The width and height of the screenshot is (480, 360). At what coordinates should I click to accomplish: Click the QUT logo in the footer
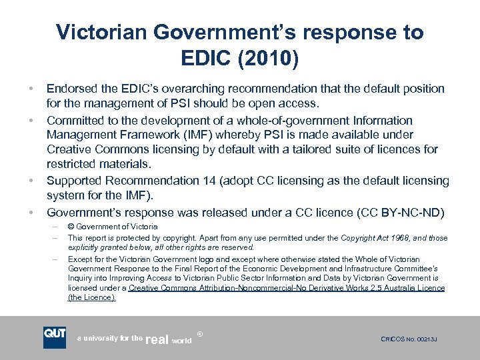tap(55, 337)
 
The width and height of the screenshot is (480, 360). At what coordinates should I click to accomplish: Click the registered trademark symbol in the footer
tap(199, 331)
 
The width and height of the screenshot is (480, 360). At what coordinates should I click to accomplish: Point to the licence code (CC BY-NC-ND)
tap(395, 213)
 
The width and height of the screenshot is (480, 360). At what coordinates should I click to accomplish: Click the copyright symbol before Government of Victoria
tap(71, 227)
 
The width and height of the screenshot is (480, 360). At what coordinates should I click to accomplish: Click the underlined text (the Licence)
tap(91, 297)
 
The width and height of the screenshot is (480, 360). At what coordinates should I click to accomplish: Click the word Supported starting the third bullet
tap(77, 181)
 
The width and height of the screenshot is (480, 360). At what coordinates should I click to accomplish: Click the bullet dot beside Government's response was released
tap(31, 213)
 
